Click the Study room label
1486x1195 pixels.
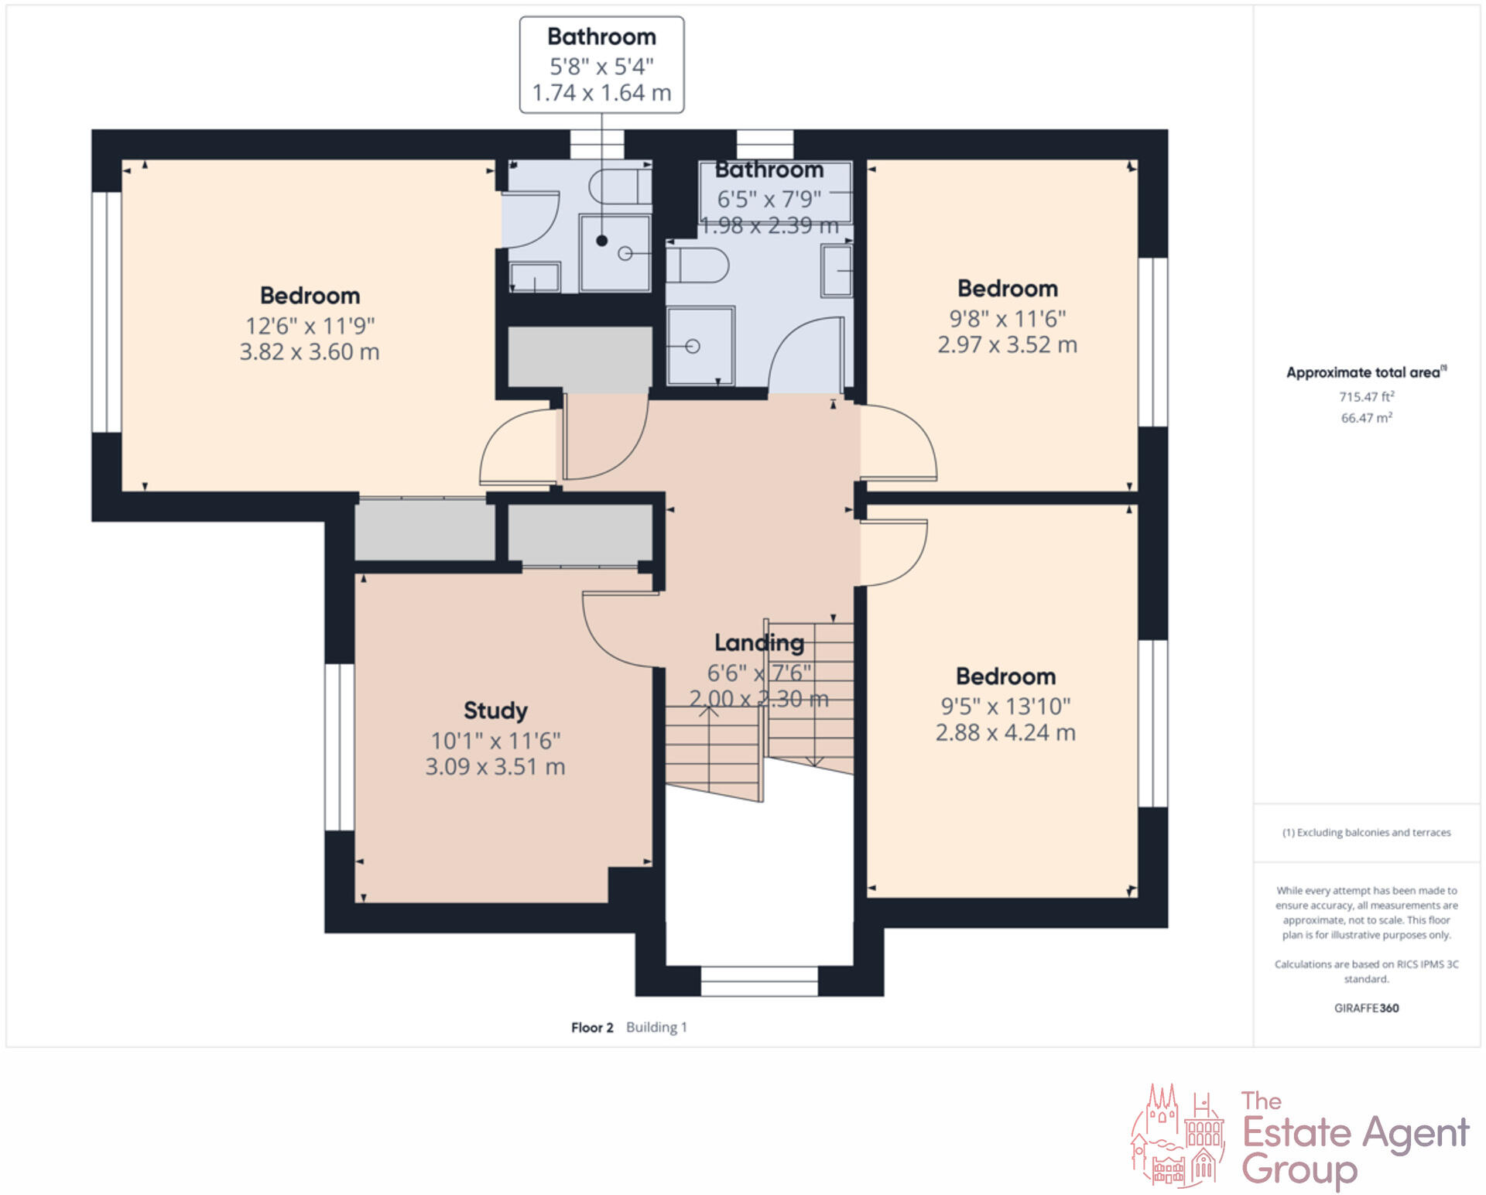pyautogui.click(x=495, y=710)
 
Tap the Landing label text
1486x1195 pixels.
pyautogui.click(x=758, y=642)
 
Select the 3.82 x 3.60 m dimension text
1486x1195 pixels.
pyautogui.click(x=310, y=352)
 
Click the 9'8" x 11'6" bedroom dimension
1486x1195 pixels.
pyautogui.click(x=1007, y=318)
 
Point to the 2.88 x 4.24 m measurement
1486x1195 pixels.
pyautogui.click(x=1005, y=732)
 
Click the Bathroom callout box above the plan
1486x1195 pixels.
pyautogui.click(x=601, y=65)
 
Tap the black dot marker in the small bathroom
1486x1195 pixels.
pyautogui.click(x=601, y=241)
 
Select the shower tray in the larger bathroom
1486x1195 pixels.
pyautogui.click(x=700, y=346)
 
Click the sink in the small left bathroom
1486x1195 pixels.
pyautogui.click(x=534, y=276)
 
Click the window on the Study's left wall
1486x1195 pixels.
pyautogui.click(x=339, y=747)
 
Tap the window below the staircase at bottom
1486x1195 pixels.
pyautogui.click(x=758, y=981)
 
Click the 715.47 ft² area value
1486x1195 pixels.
pyautogui.click(x=1366, y=396)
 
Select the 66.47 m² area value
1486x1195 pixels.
pyautogui.click(x=1366, y=418)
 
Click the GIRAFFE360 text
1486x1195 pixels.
pyautogui.click(x=1366, y=1008)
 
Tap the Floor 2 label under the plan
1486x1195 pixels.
pyautogui.click(x=592, y=1027)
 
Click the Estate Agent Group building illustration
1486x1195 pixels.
pyautogui.click(x=1178, y=1135)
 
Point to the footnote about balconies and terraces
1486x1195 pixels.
pyautogui.click(x=1366, y=833)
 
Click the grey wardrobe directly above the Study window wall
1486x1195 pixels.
pyautogui.click(x=424, y=530)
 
